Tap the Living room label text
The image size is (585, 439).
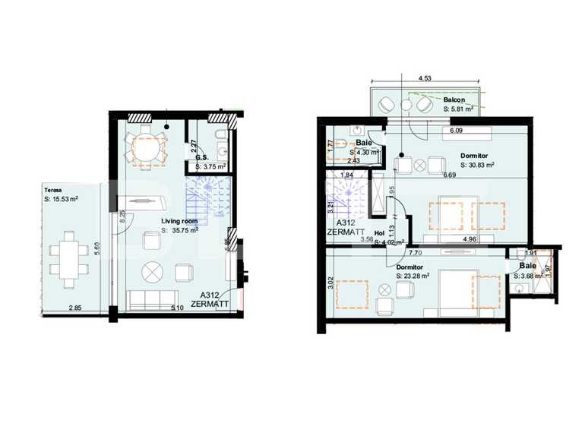click(x=179, y=221)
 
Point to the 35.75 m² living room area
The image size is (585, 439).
click(x=183, y=230)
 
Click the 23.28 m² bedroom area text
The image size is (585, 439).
click(x=413, y=276)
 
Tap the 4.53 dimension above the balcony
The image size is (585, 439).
click(x=425, y=77)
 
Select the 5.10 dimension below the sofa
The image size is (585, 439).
click(x=177, y=308)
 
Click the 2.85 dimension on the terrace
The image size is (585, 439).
click(x=75, y=308)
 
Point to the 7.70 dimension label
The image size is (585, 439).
click(x=415, y=253)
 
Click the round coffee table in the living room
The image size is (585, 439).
click(x=153, y=270)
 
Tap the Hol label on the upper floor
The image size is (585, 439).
click(x=379, y=234)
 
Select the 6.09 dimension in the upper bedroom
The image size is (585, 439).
click(x=456, y=131)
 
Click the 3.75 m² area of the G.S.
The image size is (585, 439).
click(x=209, y=166)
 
